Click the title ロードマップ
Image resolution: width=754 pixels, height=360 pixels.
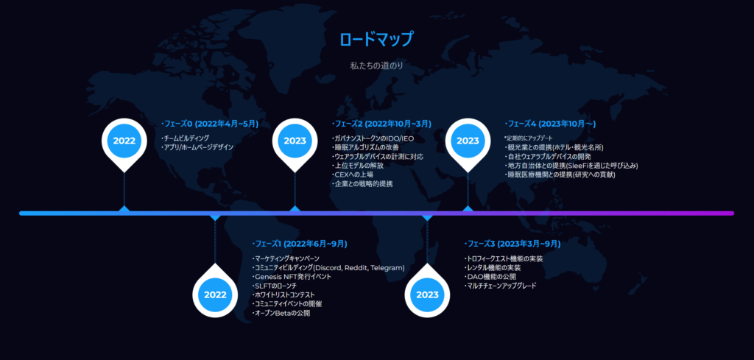tap(376, 40)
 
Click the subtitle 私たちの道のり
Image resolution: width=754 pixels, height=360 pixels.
tap(376, 66)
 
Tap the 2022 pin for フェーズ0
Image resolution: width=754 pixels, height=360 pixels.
tap(124, 143)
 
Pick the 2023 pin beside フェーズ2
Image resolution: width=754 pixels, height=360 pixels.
tap(295, 143)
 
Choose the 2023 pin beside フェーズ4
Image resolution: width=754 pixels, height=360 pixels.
tap(468, 143)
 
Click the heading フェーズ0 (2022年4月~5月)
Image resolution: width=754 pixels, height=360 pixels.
tap(210, 124)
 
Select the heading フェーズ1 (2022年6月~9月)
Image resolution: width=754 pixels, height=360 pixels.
tap(299, 244)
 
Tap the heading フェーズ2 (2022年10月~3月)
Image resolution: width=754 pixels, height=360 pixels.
tap(381, 124)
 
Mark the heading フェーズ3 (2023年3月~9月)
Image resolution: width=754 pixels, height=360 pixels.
tap(512, 244)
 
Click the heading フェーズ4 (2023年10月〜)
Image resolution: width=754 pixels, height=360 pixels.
tap(550, 124)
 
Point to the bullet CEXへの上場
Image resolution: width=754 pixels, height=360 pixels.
tap(353, 175)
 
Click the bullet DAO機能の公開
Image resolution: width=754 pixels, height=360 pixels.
tap(490, 277)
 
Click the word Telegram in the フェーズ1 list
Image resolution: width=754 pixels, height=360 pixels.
tap(387, 268)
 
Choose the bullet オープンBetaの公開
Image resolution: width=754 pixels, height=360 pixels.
tap(281, 314)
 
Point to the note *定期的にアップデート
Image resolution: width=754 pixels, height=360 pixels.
tap(529, 138)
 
